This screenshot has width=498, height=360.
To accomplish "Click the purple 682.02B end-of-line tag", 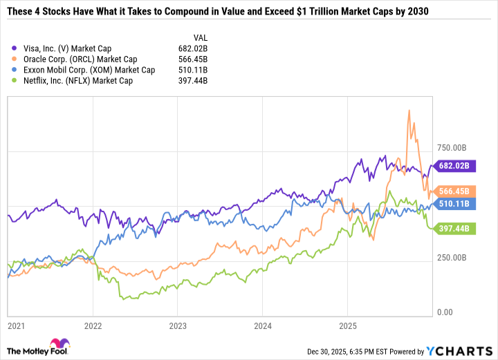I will [454, 166].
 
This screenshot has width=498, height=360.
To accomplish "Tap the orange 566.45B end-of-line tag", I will [454, 191].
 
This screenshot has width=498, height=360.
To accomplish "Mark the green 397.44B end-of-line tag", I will [454, 227].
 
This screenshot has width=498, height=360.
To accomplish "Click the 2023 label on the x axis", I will [178, 325].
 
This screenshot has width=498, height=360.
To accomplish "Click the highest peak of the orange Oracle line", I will [409, 110].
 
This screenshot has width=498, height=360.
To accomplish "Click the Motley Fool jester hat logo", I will [54, 345].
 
